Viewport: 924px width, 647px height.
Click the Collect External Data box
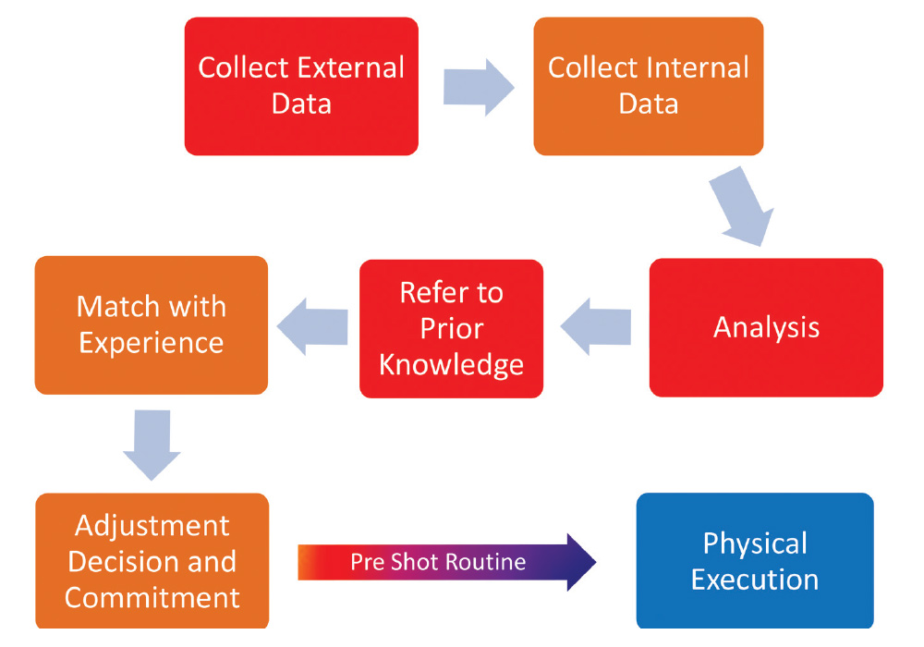point(301,86)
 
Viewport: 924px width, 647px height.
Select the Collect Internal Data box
point(649,86)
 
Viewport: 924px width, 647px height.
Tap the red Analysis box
point(766,328)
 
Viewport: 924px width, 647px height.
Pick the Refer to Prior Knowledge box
point(451,328)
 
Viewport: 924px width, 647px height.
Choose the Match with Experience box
point(152,324)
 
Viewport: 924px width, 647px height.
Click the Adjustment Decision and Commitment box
point(152,561)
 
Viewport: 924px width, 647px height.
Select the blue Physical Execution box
point(755,561)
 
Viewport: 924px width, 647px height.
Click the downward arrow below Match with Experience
point(152,445)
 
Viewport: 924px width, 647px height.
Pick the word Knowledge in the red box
point(451,364)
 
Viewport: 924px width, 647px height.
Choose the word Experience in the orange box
point(152,343)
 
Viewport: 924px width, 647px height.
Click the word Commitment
point(152,597)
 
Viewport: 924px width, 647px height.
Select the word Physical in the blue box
point(755,543)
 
